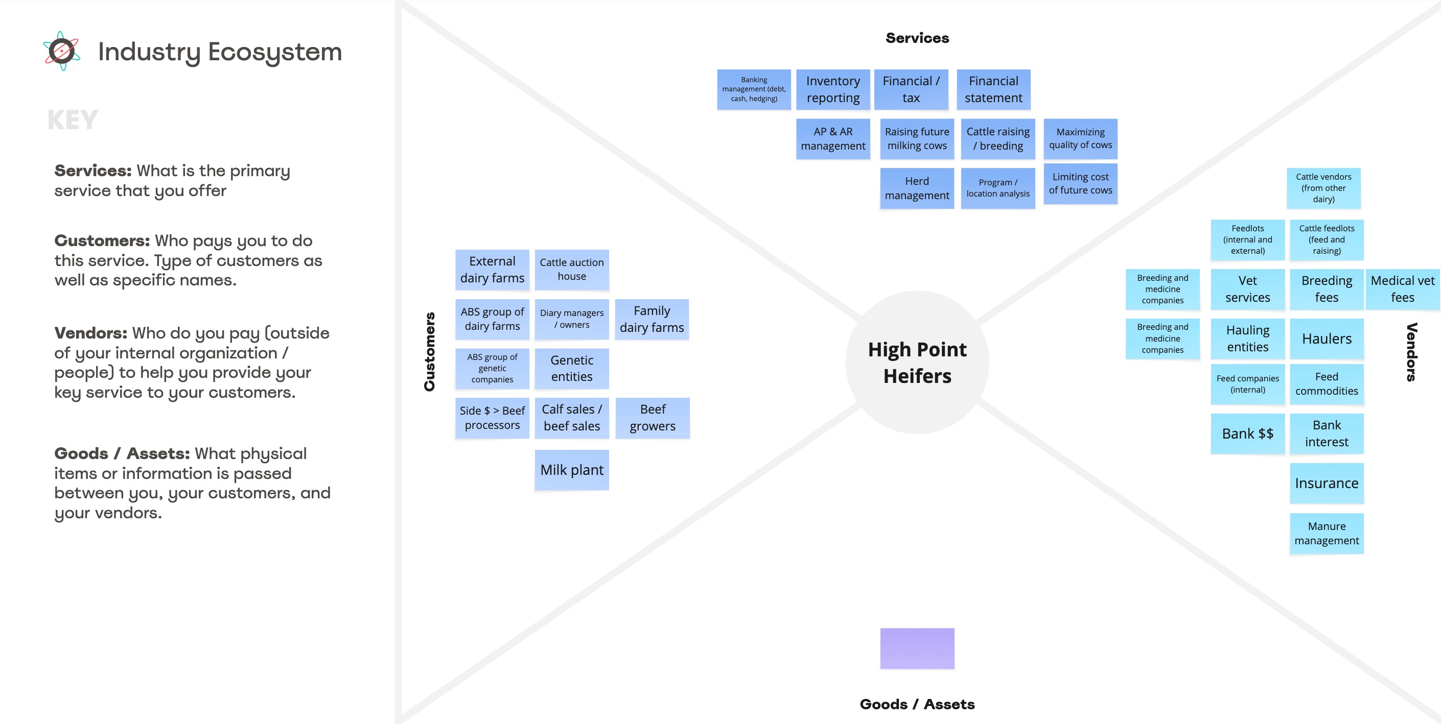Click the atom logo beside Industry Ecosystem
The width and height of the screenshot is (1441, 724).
point(61,51)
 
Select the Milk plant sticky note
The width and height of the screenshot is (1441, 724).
point(571,470)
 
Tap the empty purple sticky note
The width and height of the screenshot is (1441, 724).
point(917,648)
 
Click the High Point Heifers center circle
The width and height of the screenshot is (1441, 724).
point(917,363)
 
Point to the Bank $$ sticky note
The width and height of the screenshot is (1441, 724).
point(1247,433)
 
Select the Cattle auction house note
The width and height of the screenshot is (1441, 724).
point(571,270)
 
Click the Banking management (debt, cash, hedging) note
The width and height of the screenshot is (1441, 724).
point(754,89)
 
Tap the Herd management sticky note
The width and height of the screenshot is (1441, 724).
point(916,188)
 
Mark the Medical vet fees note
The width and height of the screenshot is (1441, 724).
point(1402,289)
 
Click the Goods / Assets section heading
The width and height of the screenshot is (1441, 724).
point(917,704)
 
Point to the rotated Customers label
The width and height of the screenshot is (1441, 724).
point(430,352)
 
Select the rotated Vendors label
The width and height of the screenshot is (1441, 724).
point(1411,352)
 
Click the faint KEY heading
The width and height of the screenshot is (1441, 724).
point(73,119)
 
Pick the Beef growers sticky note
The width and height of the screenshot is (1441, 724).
point(652,418)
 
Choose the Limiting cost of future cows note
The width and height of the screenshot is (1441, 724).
point(1080,183)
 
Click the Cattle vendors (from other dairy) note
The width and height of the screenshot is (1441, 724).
point(1323,188)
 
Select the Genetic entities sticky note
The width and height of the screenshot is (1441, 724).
point(571,369)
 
